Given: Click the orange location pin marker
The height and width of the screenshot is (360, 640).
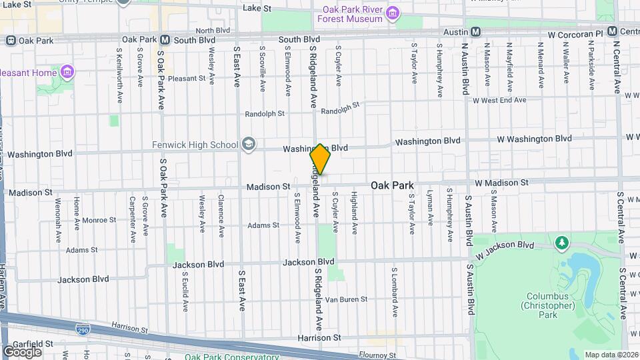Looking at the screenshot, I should [320, 159].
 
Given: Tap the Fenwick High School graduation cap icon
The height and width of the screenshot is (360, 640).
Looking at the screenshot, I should [249, 144].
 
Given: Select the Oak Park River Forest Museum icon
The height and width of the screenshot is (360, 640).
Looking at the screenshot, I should [393, 13].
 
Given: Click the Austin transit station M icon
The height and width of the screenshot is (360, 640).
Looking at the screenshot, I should [476, 32].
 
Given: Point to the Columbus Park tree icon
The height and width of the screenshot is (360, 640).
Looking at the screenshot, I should [561, 241].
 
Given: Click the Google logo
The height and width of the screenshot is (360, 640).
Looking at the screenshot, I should [21, 351].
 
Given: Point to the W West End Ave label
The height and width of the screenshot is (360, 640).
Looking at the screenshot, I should [499, 100].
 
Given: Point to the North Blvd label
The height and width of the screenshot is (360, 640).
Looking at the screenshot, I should [213, 31].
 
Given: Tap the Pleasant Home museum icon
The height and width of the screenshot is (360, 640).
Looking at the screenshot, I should [67, 71].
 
